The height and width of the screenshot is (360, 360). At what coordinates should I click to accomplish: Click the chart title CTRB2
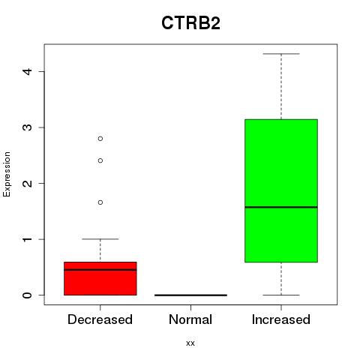pos(190,23)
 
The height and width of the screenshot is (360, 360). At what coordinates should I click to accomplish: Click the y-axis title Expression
pos(7,174)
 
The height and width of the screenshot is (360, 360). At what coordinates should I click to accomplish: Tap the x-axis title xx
pos(190,343)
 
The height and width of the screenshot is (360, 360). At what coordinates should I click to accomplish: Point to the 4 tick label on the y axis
pos(27,71)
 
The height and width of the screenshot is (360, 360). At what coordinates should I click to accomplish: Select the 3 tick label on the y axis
pos(27,127)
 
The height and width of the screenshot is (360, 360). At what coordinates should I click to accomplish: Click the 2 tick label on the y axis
pos(27,183)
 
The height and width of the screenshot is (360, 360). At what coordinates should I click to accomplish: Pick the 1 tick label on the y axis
pos(27,239)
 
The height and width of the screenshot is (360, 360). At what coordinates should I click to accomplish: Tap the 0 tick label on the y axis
pos(27,295)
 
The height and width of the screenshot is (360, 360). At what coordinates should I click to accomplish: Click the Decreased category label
pos(100,319)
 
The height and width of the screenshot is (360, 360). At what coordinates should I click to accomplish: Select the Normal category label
pos(190,319)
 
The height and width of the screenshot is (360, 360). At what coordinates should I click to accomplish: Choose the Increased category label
pos(281,319)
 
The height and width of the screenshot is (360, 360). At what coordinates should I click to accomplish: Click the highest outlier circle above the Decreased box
pos(100,139)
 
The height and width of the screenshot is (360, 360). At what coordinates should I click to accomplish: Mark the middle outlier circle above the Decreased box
pos(100,160)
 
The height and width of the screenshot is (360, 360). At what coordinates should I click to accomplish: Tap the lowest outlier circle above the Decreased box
pos(100,202)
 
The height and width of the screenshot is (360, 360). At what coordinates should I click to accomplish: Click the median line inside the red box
pos(100,270)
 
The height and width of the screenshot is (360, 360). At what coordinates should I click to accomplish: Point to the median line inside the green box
pos(281,207)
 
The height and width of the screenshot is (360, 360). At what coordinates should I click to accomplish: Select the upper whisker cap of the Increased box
pos(281,54)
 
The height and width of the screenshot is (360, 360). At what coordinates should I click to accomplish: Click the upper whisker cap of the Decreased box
pos(100,239)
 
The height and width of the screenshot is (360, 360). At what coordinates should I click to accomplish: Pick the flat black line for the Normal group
pos(190,295)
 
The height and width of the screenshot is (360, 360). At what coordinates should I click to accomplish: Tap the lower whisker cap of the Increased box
pos(281,295)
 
